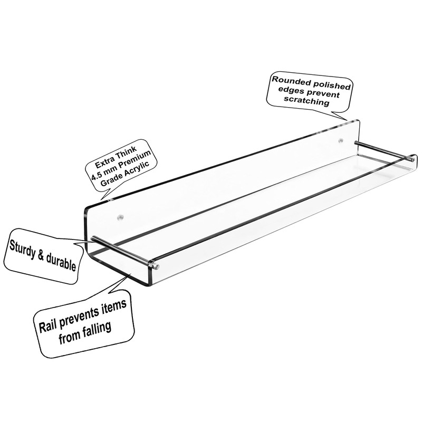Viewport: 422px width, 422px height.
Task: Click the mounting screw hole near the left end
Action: pos(120,216)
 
